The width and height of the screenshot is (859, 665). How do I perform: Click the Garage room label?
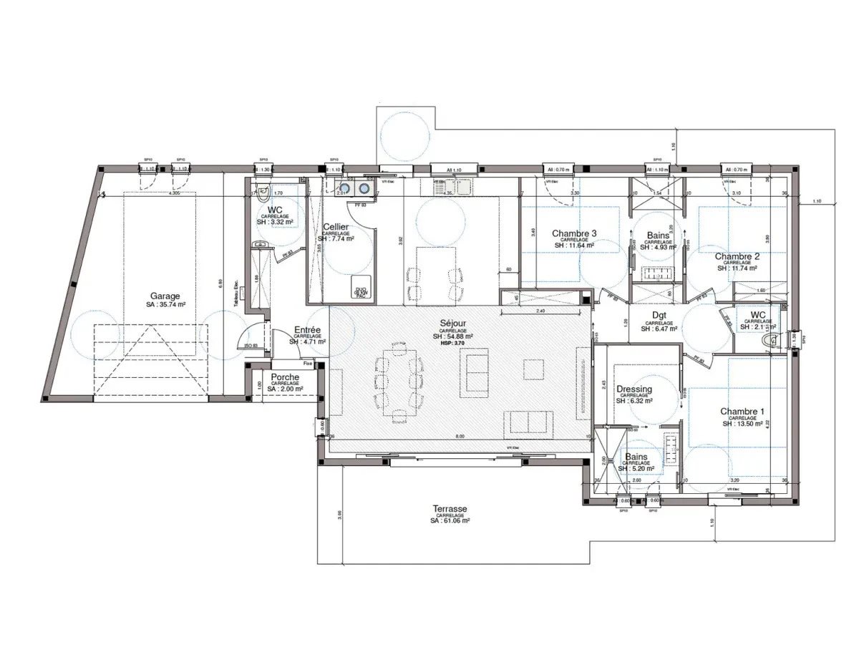point(165,296)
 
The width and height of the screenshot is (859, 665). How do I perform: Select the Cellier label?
point(336,227)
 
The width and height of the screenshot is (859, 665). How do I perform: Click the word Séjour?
point(450,324)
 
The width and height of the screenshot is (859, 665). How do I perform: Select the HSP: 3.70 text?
point(450,344)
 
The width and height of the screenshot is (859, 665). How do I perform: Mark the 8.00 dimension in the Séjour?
point(460,436)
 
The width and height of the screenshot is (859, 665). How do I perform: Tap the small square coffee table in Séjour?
point(533,368)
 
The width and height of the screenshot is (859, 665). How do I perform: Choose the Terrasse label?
point(450,509)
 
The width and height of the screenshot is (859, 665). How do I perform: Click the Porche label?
point(285,377)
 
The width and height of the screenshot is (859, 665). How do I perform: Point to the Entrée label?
point(307,330)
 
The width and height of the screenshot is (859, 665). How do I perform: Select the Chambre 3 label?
point(574,233)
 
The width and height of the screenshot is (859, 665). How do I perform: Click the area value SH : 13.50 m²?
point(742,424)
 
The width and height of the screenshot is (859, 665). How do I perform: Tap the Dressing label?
point(634,389)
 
